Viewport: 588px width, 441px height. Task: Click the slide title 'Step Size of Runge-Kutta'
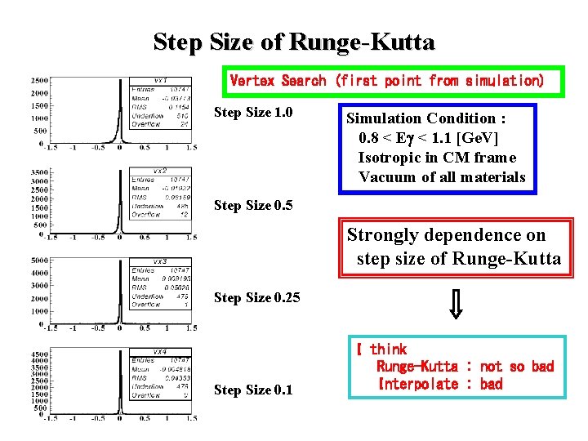coord(294,42)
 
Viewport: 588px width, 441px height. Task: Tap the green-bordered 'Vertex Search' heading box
coord(386,81)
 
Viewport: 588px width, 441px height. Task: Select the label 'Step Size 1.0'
coord(253,112)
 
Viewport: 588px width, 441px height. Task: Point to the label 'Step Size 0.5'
coord(253,206)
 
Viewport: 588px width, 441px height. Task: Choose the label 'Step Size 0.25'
coord(256,298)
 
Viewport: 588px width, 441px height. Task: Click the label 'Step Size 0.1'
coord(253,390)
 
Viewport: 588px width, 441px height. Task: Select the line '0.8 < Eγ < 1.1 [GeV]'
coord(428,138)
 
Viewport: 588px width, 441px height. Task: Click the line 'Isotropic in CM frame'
coord(437,158)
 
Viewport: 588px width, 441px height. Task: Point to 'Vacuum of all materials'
coord(442,177)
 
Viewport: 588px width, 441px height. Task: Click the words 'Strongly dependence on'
coord(446,235)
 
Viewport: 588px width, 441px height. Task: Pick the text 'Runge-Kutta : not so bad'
coord(464,367)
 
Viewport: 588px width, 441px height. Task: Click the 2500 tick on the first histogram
coord(38,81)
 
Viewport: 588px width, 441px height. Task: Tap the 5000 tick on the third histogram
coord(38,261)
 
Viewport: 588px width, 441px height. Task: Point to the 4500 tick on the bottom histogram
coord(38,354)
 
